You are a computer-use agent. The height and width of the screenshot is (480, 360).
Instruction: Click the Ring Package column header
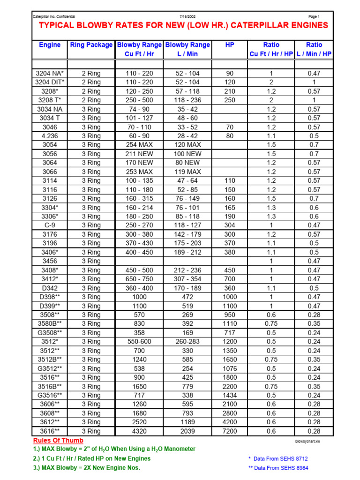[x=91, y=45]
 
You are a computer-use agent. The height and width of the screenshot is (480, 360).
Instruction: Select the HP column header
[x=230, y=45]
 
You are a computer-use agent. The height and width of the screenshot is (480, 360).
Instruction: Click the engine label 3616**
[x=50, y=431]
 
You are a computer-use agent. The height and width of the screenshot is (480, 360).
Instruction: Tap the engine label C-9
[x=50, y=225]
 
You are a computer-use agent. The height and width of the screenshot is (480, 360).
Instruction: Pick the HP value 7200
[x=230, y=431]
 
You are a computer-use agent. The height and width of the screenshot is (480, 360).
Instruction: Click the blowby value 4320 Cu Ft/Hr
[x=139, y=431]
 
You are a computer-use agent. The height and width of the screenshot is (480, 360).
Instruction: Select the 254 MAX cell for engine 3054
[x=139, y=145]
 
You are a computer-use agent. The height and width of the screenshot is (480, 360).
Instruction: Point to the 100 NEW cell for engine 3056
[x=187, y=154]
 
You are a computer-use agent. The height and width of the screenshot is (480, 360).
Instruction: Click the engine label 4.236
[x=50, y=136]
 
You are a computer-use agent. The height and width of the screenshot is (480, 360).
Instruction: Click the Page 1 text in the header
[x=314, y=16]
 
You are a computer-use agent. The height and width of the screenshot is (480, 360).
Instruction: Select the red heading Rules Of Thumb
[x=58, y=441]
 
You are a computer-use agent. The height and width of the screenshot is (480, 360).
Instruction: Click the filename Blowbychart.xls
[x=307, y=441]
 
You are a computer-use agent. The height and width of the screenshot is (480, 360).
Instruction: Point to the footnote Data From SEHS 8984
[x=281, y=467]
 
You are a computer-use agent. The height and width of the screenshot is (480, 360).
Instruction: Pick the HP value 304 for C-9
[x=230, y=225]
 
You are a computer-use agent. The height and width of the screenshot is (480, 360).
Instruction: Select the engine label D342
[x=50, y=288]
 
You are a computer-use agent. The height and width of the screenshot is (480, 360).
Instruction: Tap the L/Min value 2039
[x=187, y=431]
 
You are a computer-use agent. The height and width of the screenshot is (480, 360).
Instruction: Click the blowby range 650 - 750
[x=139, y=279]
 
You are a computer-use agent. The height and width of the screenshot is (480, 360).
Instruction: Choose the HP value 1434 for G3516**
[x=230, y=395]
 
